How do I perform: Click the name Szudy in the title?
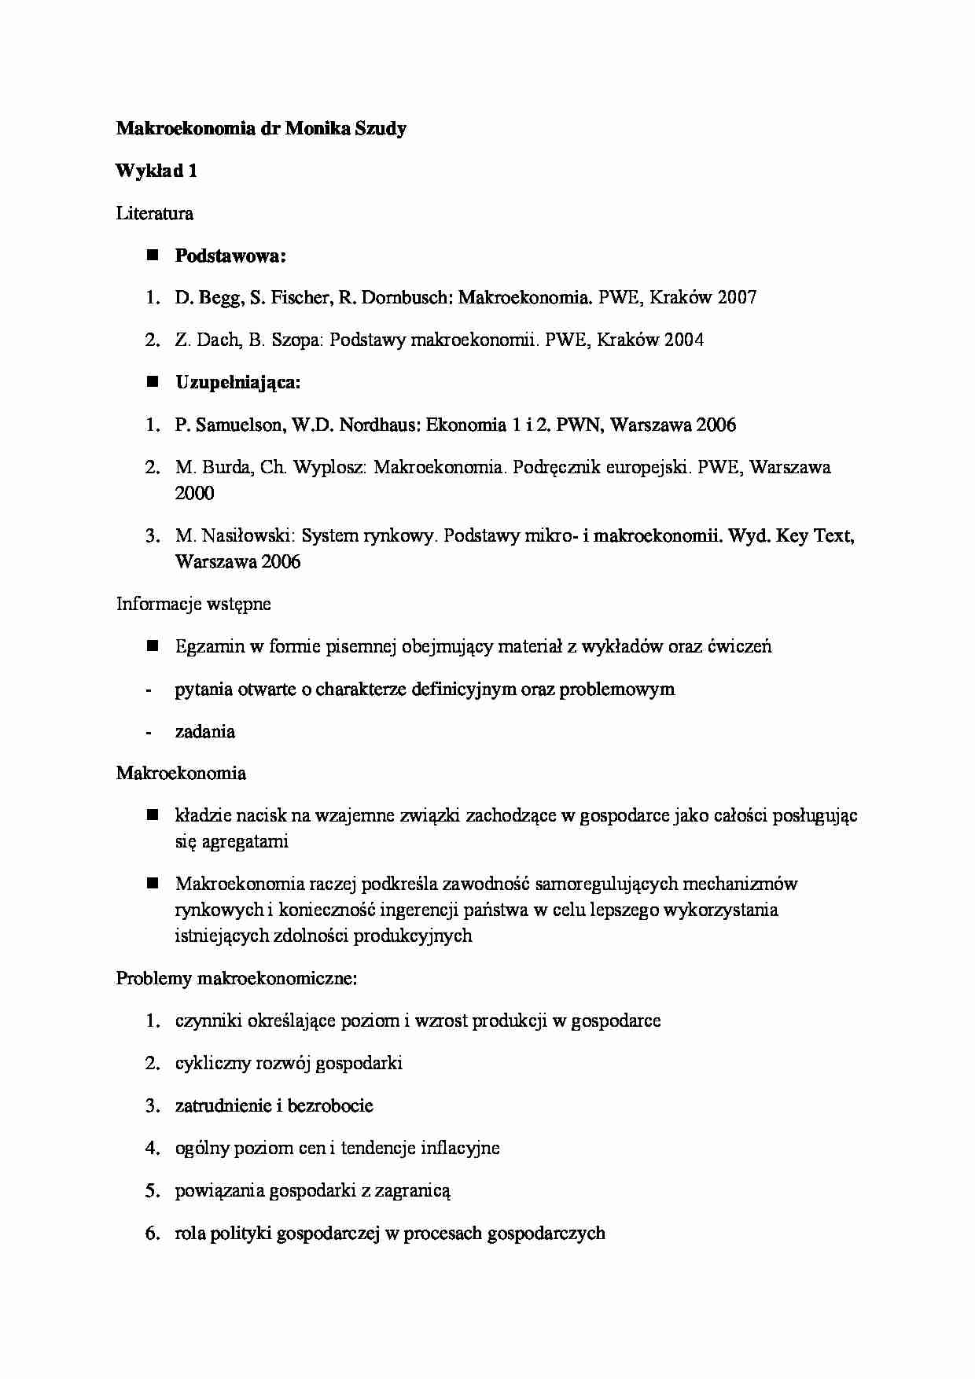(379, 129)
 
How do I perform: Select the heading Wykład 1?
(156, 171)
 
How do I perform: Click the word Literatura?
(155, 213)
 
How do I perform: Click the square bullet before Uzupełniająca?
(153, 382)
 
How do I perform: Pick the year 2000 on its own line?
(194, 494)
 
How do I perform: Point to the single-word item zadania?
(205, 732)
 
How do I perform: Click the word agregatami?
(244, 842)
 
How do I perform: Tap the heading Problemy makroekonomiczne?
(237, 979)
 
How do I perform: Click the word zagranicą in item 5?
(413, 1191)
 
